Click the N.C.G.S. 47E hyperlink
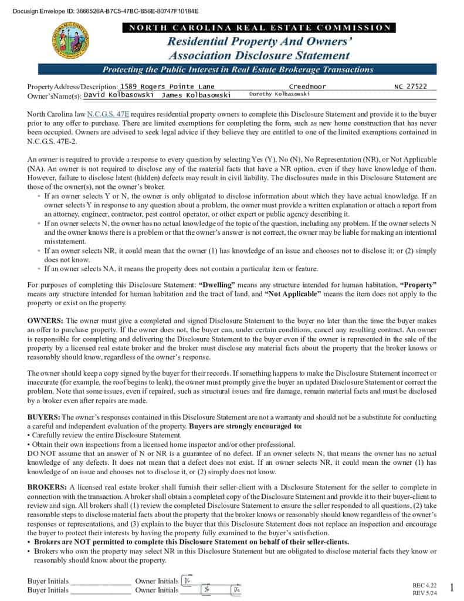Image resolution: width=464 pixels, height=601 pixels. pos(108,114)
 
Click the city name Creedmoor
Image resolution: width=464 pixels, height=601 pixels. pos(308,86)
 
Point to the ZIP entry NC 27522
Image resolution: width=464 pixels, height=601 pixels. pos(411,86)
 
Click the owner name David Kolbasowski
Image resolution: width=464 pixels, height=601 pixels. pos(118,94)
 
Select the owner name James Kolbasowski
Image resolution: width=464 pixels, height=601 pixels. pos(196,94)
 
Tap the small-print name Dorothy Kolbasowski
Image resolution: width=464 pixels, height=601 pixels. pos(279,94)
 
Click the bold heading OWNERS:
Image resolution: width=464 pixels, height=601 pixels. pos(46,321)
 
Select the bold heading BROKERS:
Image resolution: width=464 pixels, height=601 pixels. pos(48,487)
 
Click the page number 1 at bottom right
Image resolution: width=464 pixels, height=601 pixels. pos(452,588)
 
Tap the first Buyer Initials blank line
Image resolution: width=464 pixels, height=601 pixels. pos(100,582)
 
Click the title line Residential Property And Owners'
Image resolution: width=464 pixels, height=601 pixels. pos(259,42)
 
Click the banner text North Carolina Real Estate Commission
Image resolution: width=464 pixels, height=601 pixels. pos(259,28)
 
